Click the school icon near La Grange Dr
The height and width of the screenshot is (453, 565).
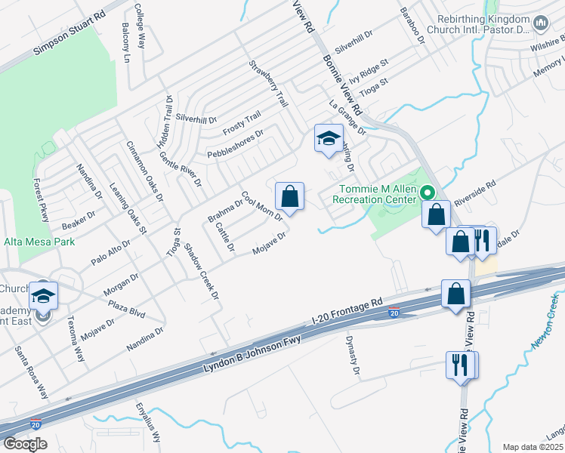[329, 138]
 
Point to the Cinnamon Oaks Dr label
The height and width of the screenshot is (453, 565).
[144, 171]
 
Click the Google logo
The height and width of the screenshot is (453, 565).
[25, 444]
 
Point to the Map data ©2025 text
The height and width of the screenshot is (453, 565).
[533, 447]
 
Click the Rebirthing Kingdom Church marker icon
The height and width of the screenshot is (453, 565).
[540, 24]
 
